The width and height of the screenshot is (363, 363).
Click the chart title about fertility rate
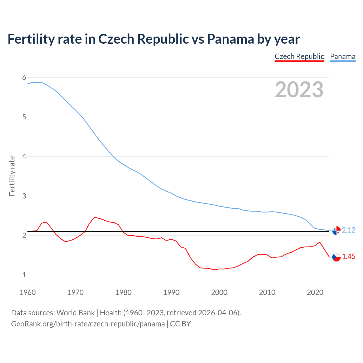[153, 39]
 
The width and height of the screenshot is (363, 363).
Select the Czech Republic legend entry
[299, 56]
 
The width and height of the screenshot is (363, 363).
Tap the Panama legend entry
[343, 56]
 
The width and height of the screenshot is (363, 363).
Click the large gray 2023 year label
[299, 90]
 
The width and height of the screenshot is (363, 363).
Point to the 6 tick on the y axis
[24, 77]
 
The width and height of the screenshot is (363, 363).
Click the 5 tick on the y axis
[24, 117]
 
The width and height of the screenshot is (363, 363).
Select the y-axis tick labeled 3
[24, 196]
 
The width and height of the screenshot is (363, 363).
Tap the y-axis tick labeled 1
[24, 275]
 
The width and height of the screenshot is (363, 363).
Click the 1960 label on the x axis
[28, 292]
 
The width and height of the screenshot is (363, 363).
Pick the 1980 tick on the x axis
[123, 292]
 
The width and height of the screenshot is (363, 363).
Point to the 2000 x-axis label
[219, 292]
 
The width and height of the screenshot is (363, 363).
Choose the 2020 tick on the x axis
[315, 292]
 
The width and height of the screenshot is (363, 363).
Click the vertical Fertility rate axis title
[12, 176]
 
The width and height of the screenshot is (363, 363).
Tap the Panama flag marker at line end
[336, 231]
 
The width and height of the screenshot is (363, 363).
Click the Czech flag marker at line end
[336, 257]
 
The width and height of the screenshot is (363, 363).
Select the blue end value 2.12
[349, 230]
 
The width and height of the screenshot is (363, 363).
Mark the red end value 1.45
[349, 256]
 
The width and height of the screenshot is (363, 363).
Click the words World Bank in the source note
[75, 313]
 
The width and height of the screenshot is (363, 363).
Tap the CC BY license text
[180, 324]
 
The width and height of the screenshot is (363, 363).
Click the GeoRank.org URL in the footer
[88, 324]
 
